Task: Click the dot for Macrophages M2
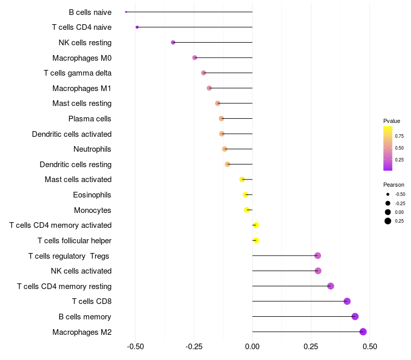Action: [363, 332]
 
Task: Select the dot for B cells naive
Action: [126, 12]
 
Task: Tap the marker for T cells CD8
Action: [347, 301]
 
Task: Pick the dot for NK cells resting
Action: [173, 42]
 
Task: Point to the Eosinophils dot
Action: [246, 194]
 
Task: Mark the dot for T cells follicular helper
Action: [256, 240]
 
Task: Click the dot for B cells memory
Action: [355, 316]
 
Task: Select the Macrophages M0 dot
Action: [195, 58]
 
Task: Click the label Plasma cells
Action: [90, 119]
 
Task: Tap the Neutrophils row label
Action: [92, 149]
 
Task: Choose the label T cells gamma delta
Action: [78, 73]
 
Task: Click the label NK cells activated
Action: [81, 271]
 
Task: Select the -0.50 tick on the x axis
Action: [135, 347]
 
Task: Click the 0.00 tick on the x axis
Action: [252, 347]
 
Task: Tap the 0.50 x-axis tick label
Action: [369, 347]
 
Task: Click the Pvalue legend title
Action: [391, 121]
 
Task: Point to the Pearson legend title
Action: [394, 185]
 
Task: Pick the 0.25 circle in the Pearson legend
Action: [388, 221]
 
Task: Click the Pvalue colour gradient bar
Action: [388, 148]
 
